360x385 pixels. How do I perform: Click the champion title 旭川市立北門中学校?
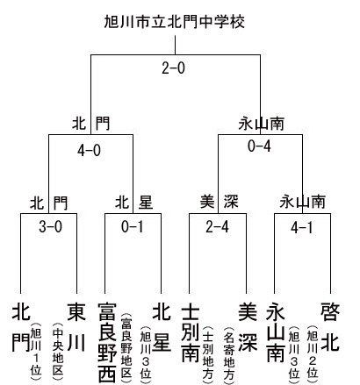(x=175, y=22)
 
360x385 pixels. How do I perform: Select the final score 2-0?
(x=174, y=68)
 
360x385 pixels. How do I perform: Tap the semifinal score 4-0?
(x=89, y=151)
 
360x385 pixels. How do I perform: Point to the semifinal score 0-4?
(x=259, y=146)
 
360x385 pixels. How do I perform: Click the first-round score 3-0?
(x=51, y=226)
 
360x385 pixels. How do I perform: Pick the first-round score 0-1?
(x=133, y=226)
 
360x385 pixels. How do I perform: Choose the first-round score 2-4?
(x=217, y=226)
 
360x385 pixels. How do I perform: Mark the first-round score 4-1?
(x=302, y=227)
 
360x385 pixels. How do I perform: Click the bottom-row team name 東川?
(x=76, y=327)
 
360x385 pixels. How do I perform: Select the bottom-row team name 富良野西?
(x=107, y=342)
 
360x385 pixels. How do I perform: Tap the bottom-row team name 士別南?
(x=191, y=332)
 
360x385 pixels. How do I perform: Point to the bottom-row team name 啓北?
(x=330, y=327)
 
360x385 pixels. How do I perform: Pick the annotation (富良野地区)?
(x=126, y=346)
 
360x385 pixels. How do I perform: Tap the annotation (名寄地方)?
(x=229, y=353)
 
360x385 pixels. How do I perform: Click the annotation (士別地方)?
(x=207, y=353)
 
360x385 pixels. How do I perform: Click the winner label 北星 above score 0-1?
(x=134, y=203)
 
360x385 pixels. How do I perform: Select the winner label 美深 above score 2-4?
(x=219, y=202)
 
